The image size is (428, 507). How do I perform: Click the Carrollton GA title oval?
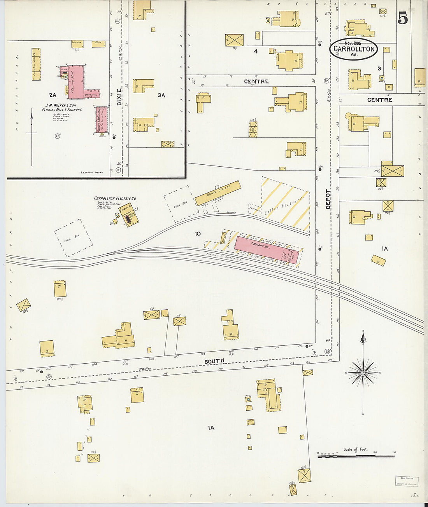click(x=354, y=49)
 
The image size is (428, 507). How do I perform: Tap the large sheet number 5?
click(x=403, y=18)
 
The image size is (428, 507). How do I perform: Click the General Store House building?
click(x=218, y=193)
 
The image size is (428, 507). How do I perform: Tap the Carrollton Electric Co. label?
click(x=115, y=199)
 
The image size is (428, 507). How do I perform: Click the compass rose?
click(x=363, y=372)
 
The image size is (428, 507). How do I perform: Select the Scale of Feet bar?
click(x=356, y=456)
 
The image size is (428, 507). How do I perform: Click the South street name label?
click(x=214, y=361)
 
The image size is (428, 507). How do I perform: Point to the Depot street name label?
click(x=328, y=199)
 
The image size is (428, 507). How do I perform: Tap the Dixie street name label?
click(x=119, y=97)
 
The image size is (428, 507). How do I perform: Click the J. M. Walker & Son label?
click(x=61, y=106)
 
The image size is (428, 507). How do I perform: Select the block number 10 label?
click(x=198, y=233)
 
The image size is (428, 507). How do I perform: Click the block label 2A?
click(x=53, y=95)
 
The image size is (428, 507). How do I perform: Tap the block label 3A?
click(x=161, y=95)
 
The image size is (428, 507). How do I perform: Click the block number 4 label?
click(x=255, y=51)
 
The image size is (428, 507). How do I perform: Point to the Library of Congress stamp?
click(x=407, y=481)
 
